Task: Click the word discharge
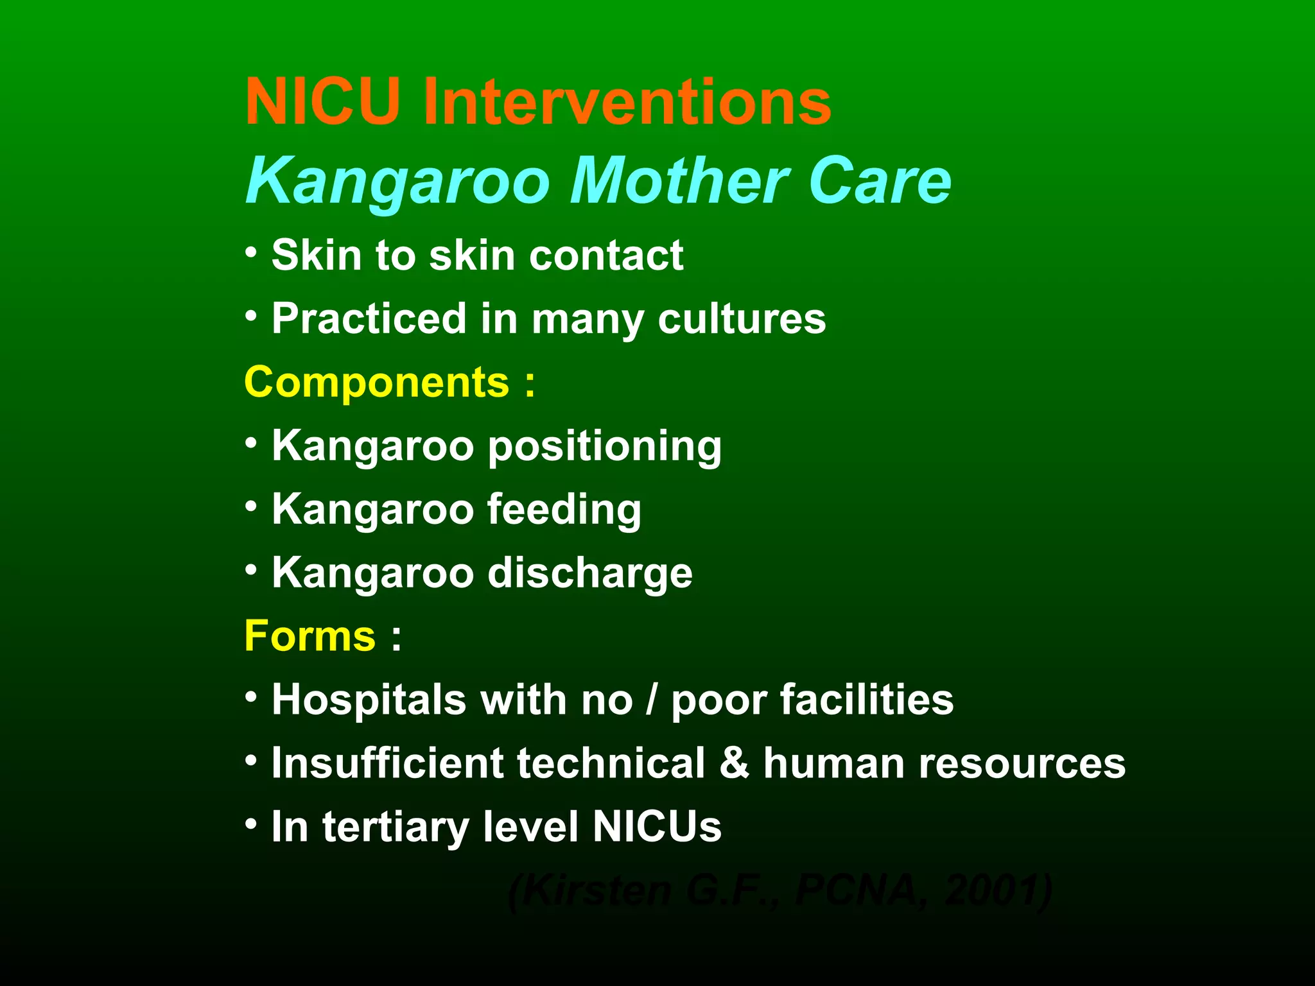tap(590, 573)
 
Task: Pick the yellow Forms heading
tap(310, 636)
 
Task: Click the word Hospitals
tap(369, 699)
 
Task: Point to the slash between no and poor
tap(652, 699)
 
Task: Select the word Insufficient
tap(387, 763)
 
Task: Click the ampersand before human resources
tap(734, 763)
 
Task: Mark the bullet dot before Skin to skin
tap(252, 252)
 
